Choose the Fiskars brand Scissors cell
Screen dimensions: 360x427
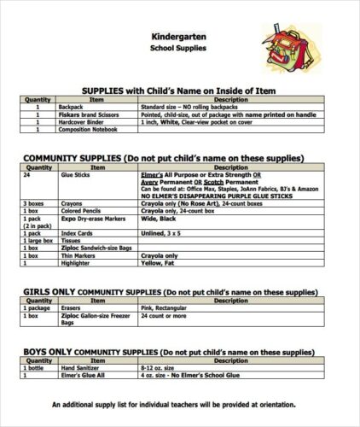[88, 114]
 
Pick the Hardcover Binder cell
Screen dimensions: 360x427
[79, 121]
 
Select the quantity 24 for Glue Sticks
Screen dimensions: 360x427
[28, 174]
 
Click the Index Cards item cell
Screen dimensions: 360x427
[76, 232]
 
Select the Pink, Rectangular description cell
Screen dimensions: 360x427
[163, 307]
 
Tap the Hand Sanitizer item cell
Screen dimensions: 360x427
[79, 367]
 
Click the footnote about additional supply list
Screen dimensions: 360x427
[174, 404]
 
